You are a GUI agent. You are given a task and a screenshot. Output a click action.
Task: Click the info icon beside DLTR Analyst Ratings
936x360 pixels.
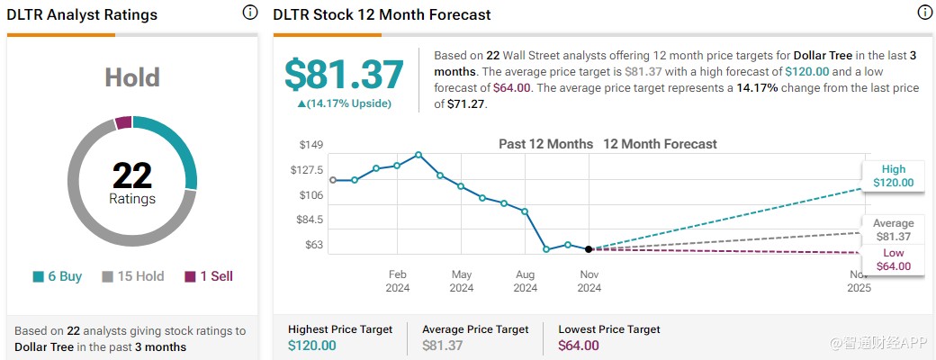click(250, 13)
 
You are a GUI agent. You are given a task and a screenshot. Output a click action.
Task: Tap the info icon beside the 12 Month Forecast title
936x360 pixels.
click(924, 13)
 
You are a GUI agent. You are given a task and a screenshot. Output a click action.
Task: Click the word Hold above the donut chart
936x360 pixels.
click(132, 78)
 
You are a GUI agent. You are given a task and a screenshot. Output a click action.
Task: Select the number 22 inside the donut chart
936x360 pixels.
click(132, 175)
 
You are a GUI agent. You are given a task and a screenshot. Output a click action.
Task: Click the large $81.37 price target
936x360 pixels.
click(345, 75)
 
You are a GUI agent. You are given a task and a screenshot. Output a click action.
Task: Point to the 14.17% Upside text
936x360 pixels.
click(345, 103)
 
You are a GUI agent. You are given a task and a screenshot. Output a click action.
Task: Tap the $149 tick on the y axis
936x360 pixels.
click(310, 145)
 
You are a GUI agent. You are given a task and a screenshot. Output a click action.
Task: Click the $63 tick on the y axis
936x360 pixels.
click(312, 245)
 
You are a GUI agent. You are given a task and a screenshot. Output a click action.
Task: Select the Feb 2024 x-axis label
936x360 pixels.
click(398, 281)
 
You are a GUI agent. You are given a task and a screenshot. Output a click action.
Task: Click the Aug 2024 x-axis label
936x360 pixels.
click(525, 281)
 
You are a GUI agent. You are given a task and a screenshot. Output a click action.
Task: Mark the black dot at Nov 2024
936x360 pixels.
click(589, 249)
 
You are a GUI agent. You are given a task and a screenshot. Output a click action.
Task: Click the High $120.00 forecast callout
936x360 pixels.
click(893, 175)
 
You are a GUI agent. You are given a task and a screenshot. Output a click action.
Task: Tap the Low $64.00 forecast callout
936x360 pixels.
click(893, 259)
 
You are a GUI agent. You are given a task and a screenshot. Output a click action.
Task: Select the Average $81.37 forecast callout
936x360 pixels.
click(893, 229)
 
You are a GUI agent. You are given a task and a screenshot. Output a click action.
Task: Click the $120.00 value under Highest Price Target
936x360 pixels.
click(313, 346)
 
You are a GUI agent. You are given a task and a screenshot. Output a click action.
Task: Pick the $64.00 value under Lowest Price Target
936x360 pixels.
click(579, 346)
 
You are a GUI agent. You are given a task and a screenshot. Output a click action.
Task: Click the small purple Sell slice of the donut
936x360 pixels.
click(123, 122)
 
